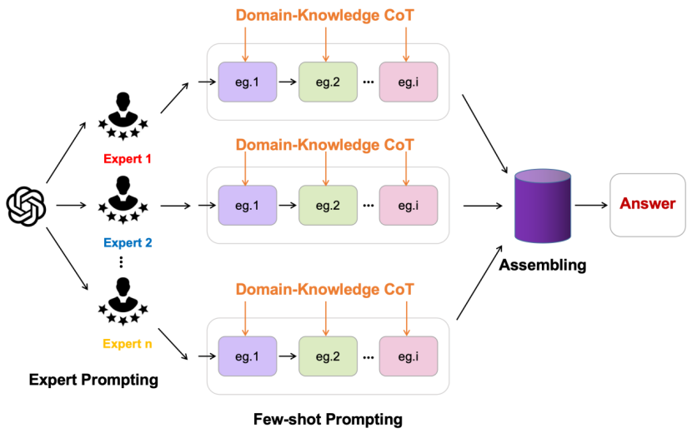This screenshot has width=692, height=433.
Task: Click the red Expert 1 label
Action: tap(128, 158)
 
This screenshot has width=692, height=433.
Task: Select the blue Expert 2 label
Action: tap(128, 243)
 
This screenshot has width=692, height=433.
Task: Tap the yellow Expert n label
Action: tap(128, 343)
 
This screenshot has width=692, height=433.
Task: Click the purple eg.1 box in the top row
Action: tap(248, 82)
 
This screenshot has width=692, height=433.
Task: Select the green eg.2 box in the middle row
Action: tap(328, 205)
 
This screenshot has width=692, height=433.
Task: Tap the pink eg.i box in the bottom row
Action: tap(408, 356)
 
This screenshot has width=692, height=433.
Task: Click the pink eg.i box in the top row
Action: tap(408, 82)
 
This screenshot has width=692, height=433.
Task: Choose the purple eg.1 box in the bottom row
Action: tap(248, 356)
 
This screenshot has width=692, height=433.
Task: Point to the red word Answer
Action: tap(648, 204)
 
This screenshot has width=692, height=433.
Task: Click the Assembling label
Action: tap(543, 266)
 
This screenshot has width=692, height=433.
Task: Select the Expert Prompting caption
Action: tap(93, 380)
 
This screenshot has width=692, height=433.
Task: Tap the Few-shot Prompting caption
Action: tap(328, 417)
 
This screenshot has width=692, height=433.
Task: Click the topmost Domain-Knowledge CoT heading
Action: tap(324, 15)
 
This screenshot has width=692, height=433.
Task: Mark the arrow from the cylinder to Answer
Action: tap(592, 205)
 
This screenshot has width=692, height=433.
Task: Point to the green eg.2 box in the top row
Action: tap(328, 82)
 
